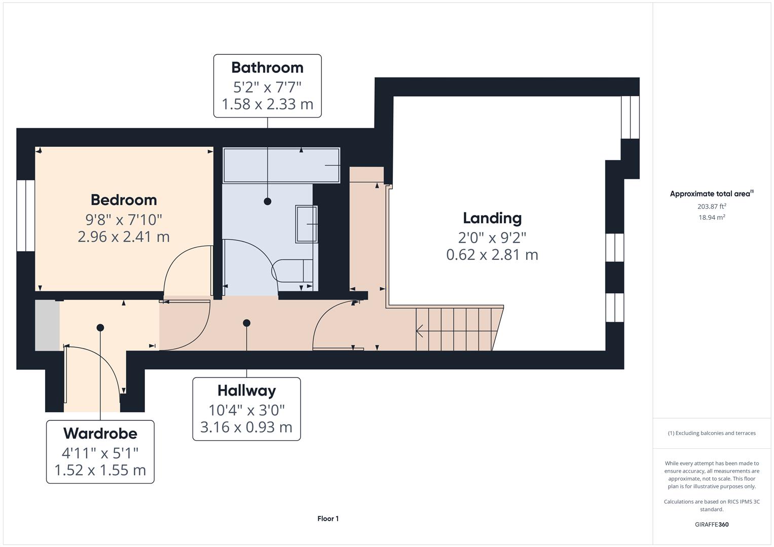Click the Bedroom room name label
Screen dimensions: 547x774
pos(124,200)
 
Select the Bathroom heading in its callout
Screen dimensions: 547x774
pos(267,67)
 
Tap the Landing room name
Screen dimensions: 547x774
pos(492,218)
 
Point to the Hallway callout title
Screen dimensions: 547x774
pos(246,390)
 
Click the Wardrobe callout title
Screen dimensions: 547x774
pos(100,434)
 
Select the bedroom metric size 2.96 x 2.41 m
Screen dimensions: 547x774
pos(124,237)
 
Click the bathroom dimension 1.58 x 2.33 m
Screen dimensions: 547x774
pos(267,104)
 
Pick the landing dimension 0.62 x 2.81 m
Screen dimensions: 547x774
pos(492,254)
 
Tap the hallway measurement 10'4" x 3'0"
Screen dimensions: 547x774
pos(246,410)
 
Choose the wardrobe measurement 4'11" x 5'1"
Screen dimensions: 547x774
pos(100,452)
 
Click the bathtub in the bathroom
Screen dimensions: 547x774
pos(281,165)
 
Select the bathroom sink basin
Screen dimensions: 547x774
pos(306,224)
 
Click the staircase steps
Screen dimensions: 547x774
pos(456,329)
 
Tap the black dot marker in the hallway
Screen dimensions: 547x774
pos(246,323)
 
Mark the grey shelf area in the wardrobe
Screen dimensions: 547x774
pos(47,325)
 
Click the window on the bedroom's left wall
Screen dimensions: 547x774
pos(25,215)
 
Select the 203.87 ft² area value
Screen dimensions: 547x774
pos(711,206)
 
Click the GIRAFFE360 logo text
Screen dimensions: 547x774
pos(711,524)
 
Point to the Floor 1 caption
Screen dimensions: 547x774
pos(328,519)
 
